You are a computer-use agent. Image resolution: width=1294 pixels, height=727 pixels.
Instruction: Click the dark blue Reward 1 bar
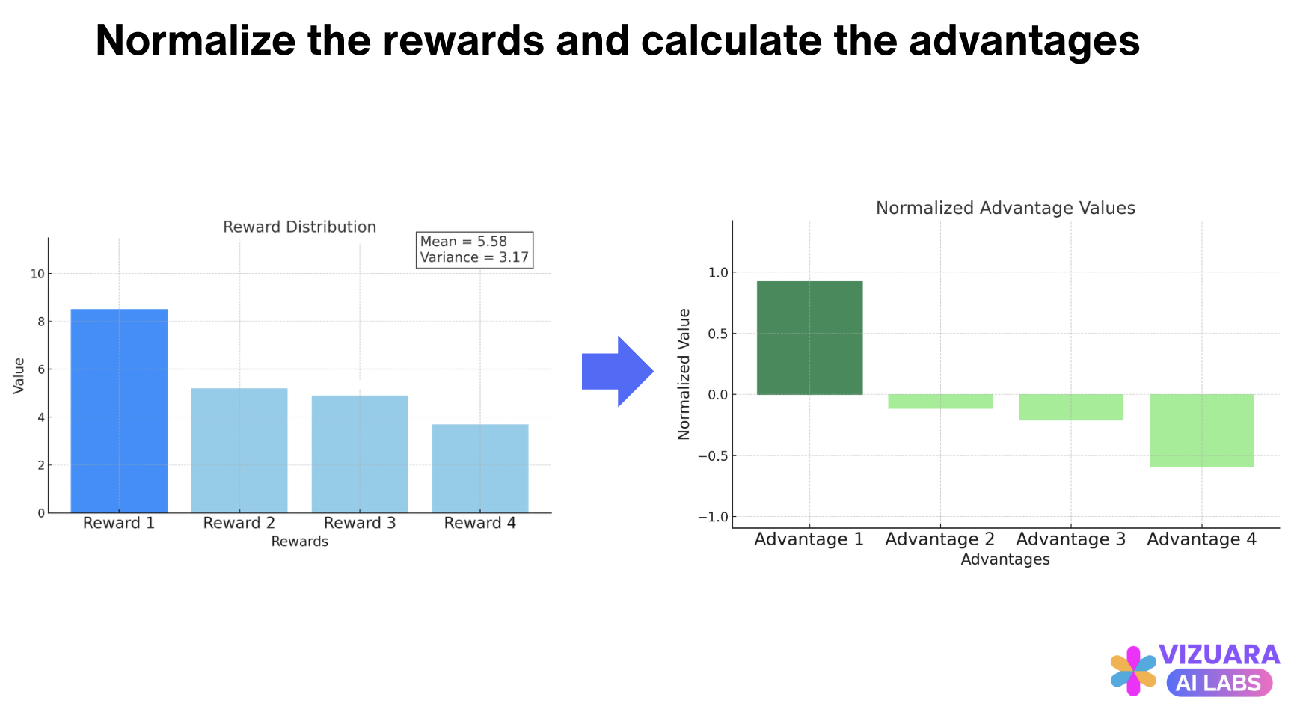pos(119,411)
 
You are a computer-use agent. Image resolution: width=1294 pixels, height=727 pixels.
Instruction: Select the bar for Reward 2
pos(239,450)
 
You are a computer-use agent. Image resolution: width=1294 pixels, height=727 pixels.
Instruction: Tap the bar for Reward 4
pos(480,468)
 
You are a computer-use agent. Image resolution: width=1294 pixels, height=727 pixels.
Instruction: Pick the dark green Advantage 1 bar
pos(809,338)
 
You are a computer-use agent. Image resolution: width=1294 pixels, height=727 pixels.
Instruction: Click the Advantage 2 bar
pos(940,402)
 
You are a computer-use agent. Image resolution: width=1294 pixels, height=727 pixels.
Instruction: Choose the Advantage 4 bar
pos(1201,430)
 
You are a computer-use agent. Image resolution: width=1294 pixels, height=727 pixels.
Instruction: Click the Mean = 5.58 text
pos(463,242)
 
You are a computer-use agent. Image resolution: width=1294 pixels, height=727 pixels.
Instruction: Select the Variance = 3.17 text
pos(474,257)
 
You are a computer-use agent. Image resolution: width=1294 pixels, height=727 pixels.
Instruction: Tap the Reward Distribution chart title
pos(299,227)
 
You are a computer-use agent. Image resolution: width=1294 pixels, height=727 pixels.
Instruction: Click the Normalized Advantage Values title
pos(1005,208)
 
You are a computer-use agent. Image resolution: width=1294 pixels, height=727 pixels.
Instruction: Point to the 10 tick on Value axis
pos(37,274)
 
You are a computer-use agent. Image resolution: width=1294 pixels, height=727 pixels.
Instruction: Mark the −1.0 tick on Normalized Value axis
pos(712,517)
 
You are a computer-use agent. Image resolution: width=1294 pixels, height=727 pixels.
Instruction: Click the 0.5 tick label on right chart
pos(717,334)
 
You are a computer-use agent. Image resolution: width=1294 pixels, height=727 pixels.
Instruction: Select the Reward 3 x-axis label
pos(360,523)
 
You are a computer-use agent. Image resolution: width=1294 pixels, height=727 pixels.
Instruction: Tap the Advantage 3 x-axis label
pos(1070,539)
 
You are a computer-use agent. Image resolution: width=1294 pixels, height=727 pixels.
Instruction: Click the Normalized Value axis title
pos(684,373)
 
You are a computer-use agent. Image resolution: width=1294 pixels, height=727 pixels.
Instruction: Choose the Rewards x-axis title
pos(299,542)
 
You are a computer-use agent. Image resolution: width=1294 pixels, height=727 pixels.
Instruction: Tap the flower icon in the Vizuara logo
pos(1133,671)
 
